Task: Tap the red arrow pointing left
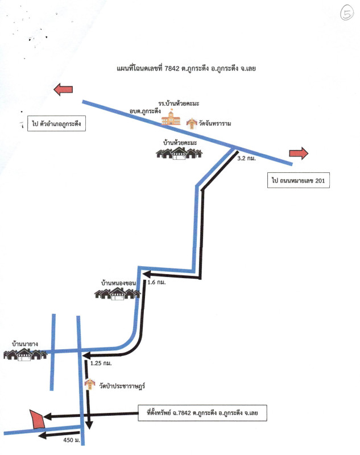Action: click(63, 89)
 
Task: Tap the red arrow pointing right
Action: click(298, 152)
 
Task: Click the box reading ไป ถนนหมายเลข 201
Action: click(298, 181)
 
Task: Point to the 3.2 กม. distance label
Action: click(246, 160)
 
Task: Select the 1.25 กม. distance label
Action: click(101, 362)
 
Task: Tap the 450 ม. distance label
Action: click(71, 440)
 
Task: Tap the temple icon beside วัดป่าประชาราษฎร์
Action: click(89, 386)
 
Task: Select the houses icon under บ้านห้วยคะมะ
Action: click(180, 152)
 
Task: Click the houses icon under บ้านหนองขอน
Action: click(117, 293)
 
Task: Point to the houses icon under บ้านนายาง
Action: click(24, 355)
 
